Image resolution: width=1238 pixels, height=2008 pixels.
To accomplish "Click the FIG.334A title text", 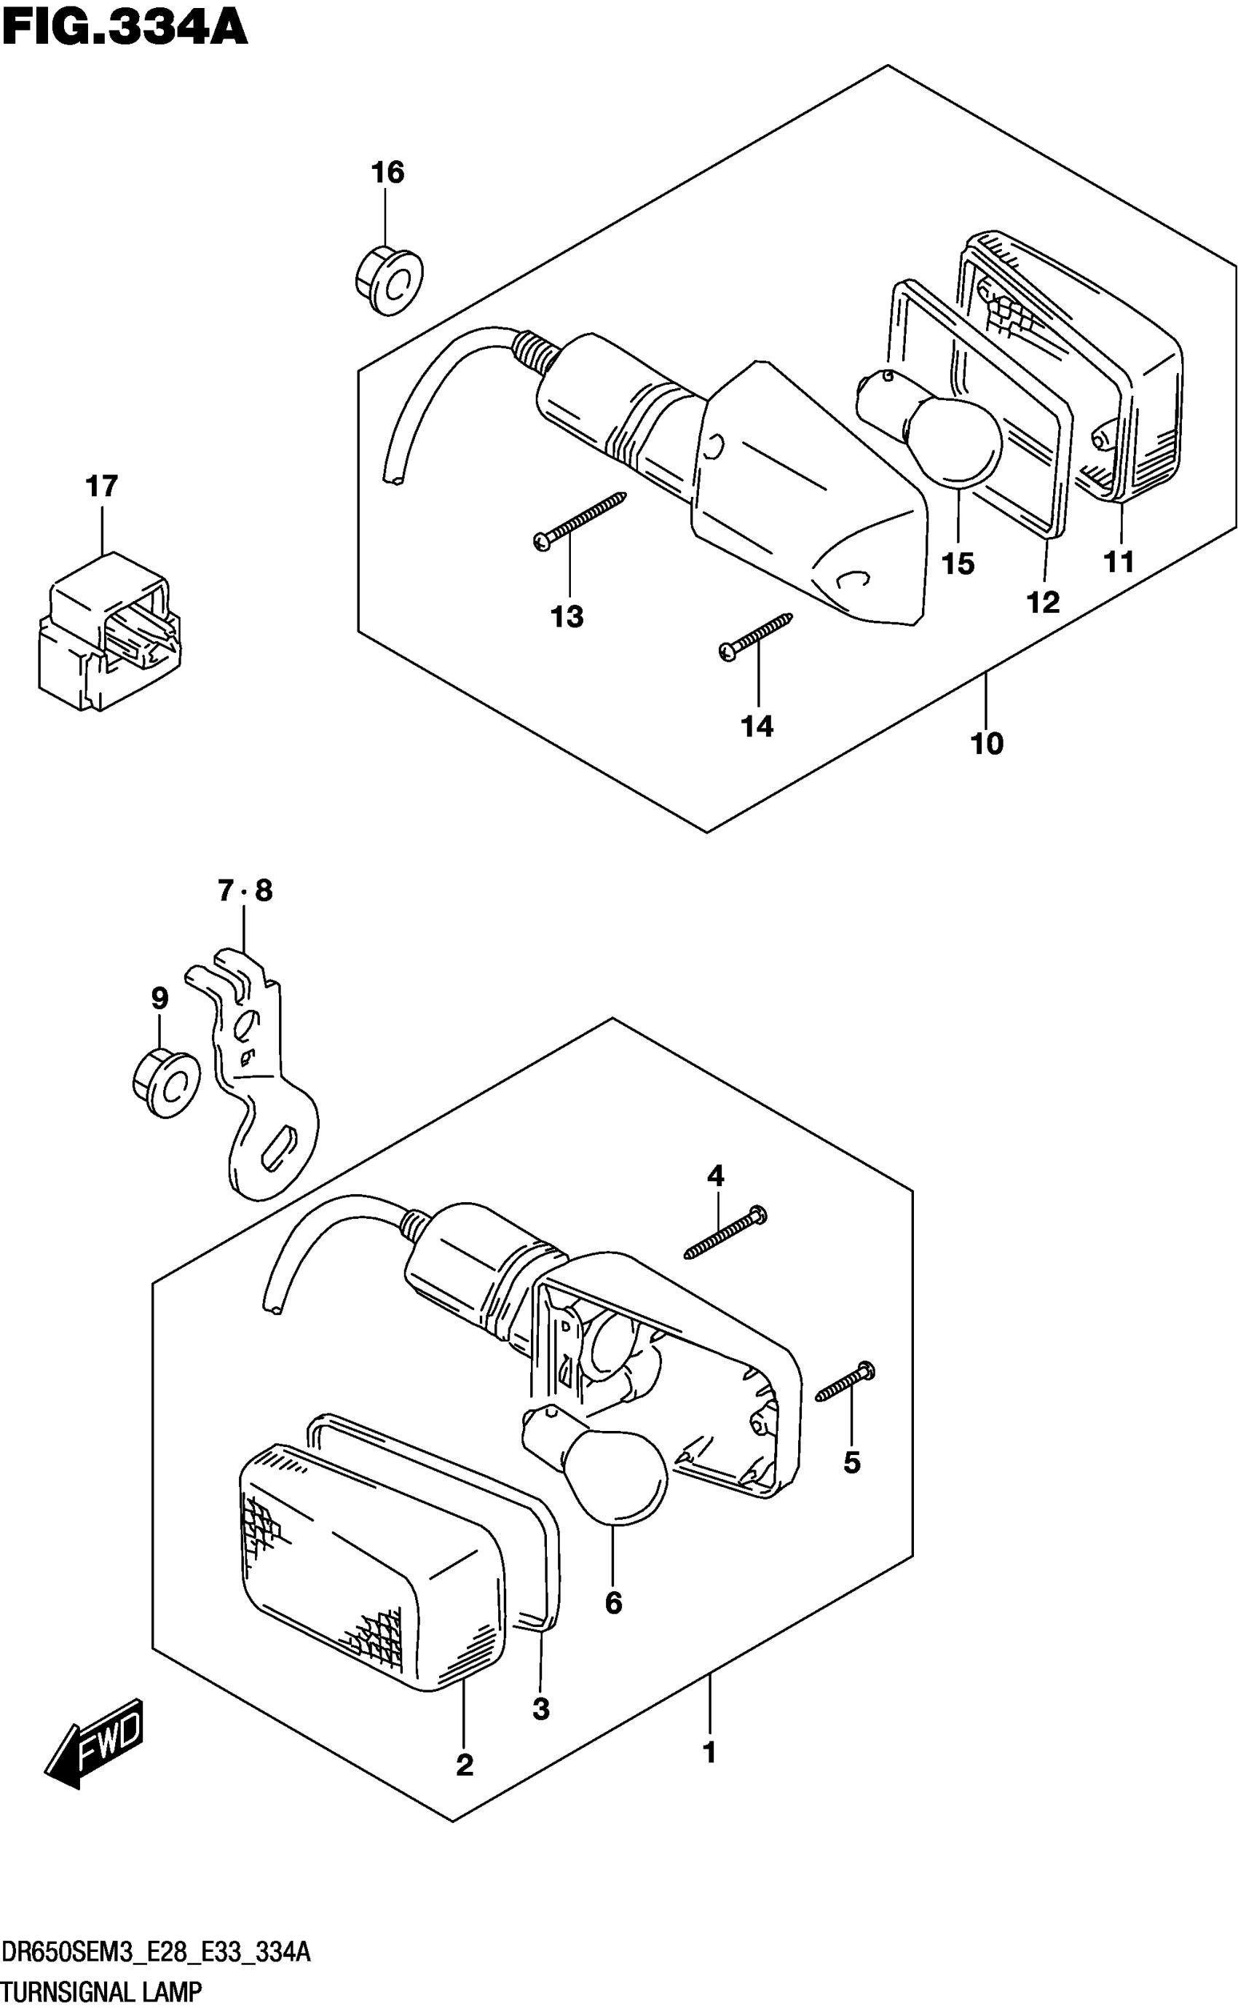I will (125, 28).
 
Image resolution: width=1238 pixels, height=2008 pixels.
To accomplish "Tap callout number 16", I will (387, 173).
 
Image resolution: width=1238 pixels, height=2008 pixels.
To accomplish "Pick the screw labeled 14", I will (755, 636).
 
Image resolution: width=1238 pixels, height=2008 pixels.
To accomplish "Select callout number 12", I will (1042, 603).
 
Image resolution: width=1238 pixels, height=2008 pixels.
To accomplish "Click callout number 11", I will (1119, 562).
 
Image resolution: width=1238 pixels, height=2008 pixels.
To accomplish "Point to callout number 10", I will (987, 744).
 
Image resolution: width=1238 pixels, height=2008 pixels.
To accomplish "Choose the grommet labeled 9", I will (166, 1085).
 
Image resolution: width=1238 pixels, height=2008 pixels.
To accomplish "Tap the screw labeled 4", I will (725, 1236).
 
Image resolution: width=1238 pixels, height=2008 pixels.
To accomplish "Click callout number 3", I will (540, 1709).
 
